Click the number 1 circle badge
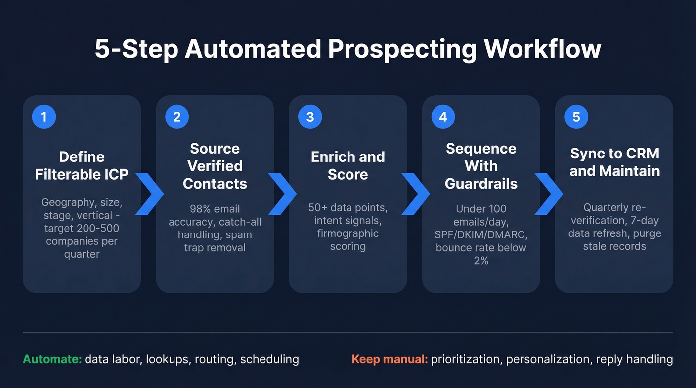pos(44,117)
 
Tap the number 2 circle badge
pos(177,117)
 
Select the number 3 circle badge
pos(310,117)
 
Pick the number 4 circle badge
pos(443,117)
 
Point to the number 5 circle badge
pos(576,117)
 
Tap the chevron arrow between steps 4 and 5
pos(548,194)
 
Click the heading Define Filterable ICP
pos(82,165)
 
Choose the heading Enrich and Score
pos(348,165)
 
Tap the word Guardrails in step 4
pos(481,183)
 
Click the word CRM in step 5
pos(641,154)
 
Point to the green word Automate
pos(52,359)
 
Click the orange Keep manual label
pos(389,359)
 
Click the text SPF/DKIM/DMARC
pos(481,234)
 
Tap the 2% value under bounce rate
pos(481,260)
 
